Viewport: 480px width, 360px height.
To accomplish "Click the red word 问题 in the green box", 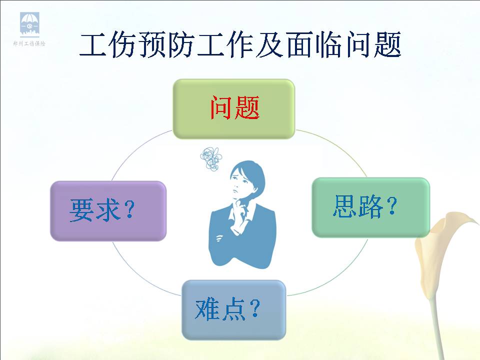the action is (235, 107).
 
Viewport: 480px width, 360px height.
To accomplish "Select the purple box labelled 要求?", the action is (108, 211).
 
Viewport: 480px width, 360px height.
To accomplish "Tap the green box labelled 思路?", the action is (370, 207).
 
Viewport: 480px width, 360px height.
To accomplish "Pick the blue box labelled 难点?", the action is (234, 310).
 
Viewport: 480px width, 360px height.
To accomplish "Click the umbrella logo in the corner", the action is (29, 23).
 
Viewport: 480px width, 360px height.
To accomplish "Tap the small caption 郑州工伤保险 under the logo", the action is (29, 43).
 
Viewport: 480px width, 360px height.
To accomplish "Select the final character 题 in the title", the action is (386, 45).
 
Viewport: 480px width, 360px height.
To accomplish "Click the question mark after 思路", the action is (391, 205).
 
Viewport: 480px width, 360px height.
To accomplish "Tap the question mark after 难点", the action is (254, 308).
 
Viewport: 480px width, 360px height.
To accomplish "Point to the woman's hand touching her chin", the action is (241, 207).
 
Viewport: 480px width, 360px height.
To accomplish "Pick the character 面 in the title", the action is (300, 45).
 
